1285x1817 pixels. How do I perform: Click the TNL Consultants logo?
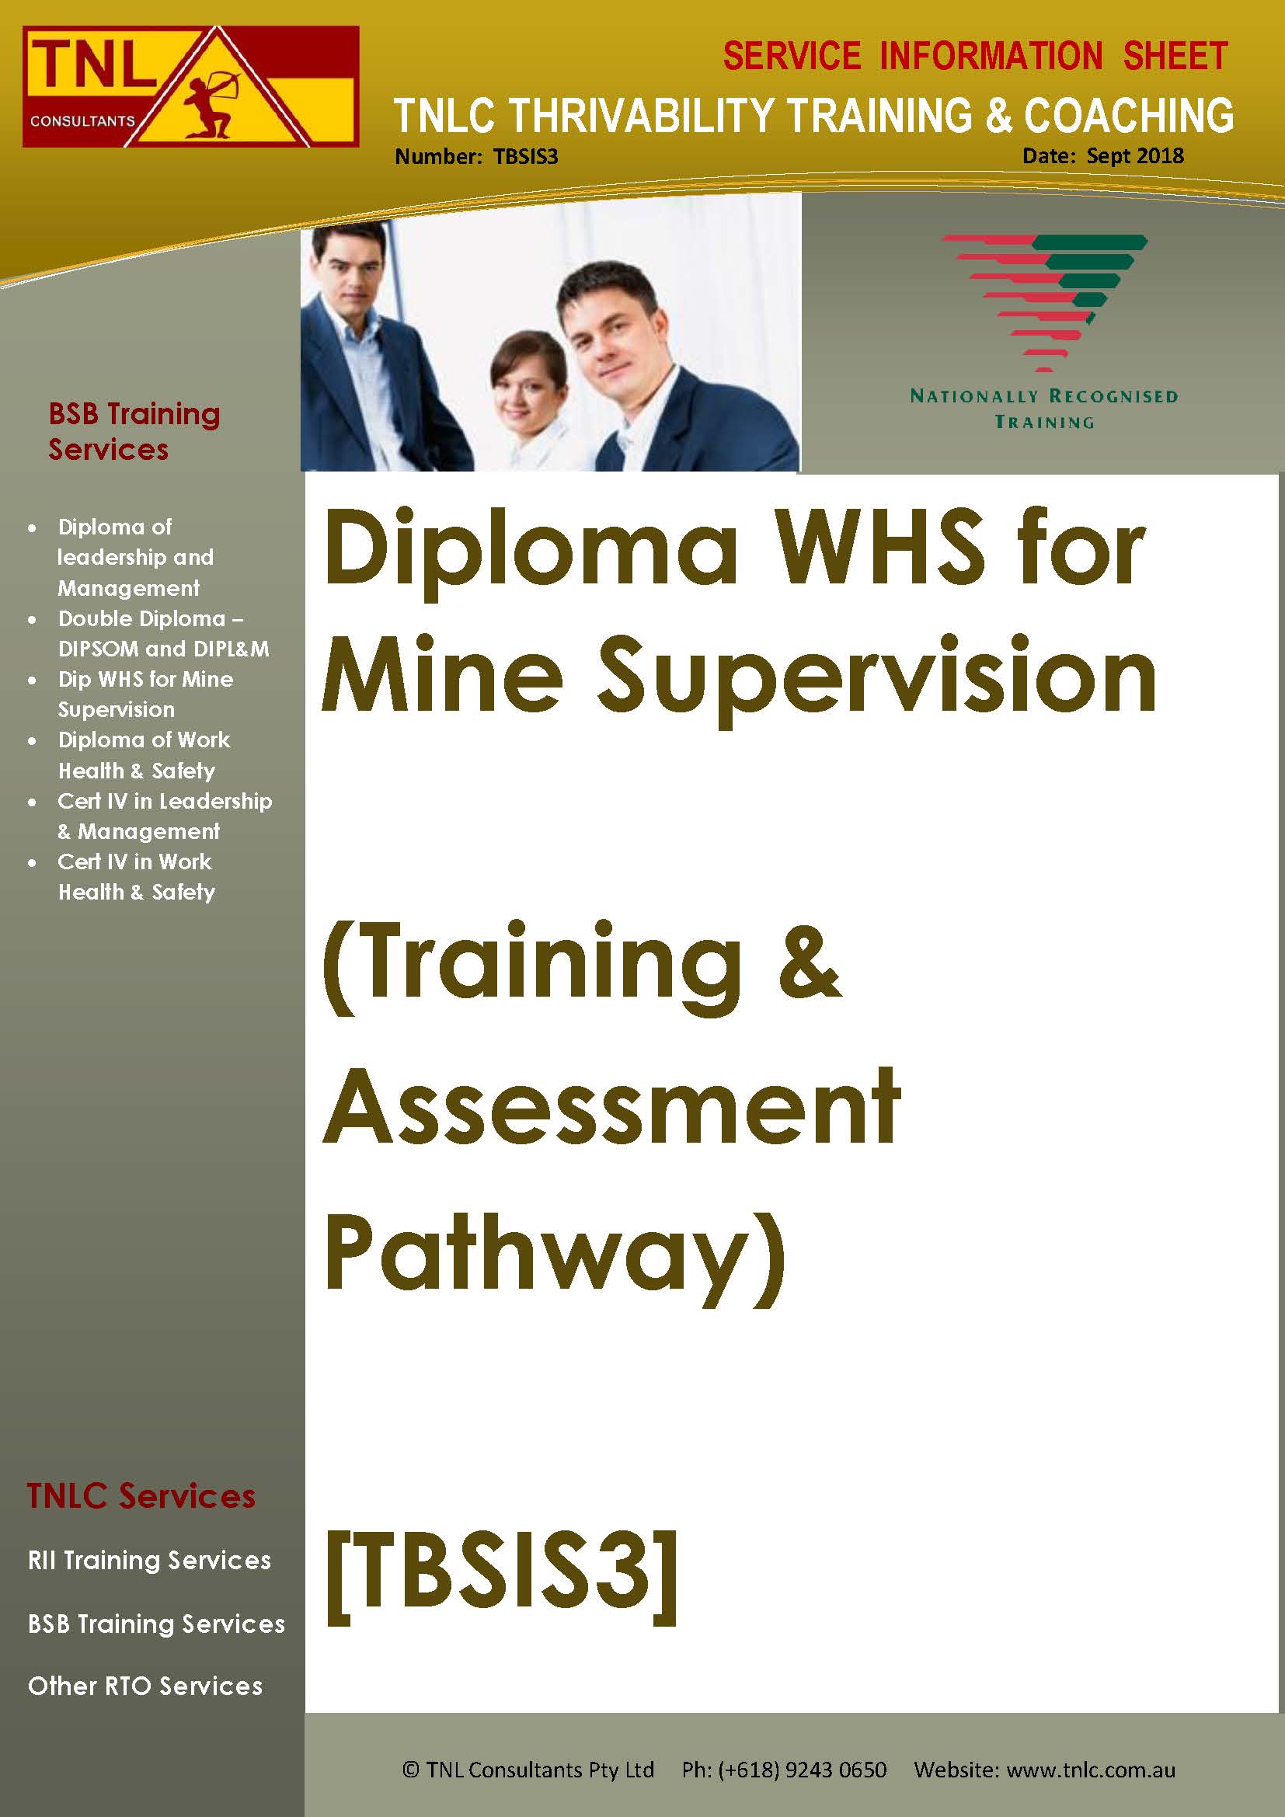tap(190, 86)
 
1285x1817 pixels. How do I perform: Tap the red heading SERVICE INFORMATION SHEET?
tap(975, 56)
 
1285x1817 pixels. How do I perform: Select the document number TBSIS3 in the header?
tap(525, 157)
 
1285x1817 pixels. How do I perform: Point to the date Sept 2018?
tap(1134, 155)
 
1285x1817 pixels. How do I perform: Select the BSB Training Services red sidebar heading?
tap(134, 431)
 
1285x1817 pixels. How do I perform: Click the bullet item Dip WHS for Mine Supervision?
tap(145, 694)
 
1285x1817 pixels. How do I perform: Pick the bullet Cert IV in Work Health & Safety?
tap(136, 876)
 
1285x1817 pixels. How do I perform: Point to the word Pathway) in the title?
tap(555, 1254)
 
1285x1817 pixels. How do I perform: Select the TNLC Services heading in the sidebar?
tap(141, 1495)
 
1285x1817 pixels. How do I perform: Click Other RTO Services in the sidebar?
tap(145, 1686)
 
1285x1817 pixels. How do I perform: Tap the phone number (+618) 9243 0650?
tap(803, 1770)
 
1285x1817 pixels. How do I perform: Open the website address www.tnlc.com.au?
tap(1090, 1770)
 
